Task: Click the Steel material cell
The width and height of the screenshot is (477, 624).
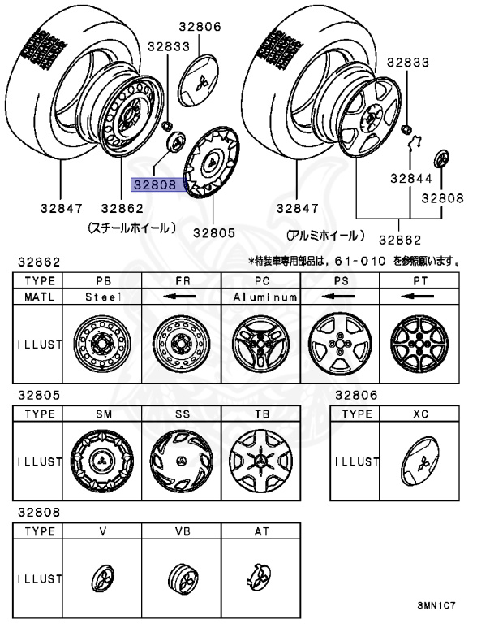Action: click(103, 297)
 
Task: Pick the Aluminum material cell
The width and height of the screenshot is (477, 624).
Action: click(262, 297)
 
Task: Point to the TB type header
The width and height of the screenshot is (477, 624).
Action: click(261, 414)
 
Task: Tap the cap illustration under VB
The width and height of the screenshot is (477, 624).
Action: click(182, 578)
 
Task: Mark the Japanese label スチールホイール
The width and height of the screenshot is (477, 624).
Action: click(131, 230)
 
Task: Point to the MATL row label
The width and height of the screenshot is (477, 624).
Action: click(38, 297)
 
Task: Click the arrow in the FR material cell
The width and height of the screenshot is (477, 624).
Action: click(182, 297)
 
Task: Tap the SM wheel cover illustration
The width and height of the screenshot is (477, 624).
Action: click(103, 461)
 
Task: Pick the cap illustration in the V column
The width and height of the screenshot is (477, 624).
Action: click(103, 578)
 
